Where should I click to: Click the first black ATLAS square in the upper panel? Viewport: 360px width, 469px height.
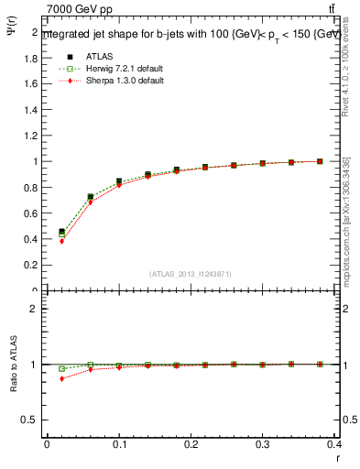pyautogui.click(x=62, y=232)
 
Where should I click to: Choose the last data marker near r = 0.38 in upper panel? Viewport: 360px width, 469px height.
pyautogui.click(x=320, y=161)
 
